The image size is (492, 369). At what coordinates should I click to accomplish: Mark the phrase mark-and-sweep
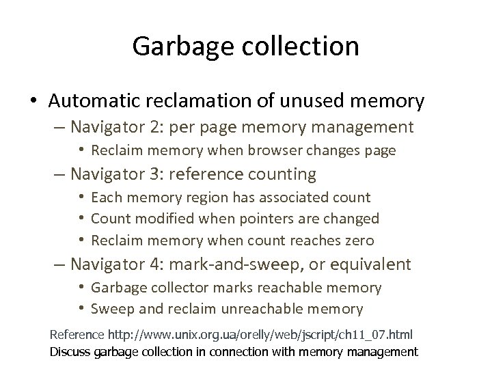(x=241, y=264)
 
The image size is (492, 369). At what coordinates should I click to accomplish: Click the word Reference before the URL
(x=77, y=336)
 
